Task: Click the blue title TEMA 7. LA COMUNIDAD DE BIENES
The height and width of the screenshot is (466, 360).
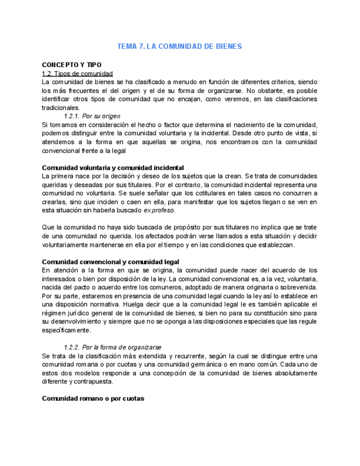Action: pos(180,47)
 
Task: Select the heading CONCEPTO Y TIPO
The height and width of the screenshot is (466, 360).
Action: pos(71,65)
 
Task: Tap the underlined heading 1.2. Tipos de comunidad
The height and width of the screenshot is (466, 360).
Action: pos(77,74)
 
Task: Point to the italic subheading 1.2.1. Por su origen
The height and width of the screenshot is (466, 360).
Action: pos(92,116)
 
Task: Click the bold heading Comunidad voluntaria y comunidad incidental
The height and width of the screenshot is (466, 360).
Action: pos(113,168)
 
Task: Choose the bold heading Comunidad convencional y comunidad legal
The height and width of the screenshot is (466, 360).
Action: pos(110,262)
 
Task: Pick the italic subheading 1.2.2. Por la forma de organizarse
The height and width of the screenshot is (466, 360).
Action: pos(113,347)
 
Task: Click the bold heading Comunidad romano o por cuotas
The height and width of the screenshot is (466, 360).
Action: pos(93,398)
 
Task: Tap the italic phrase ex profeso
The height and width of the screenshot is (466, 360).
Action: pos(160,210)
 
